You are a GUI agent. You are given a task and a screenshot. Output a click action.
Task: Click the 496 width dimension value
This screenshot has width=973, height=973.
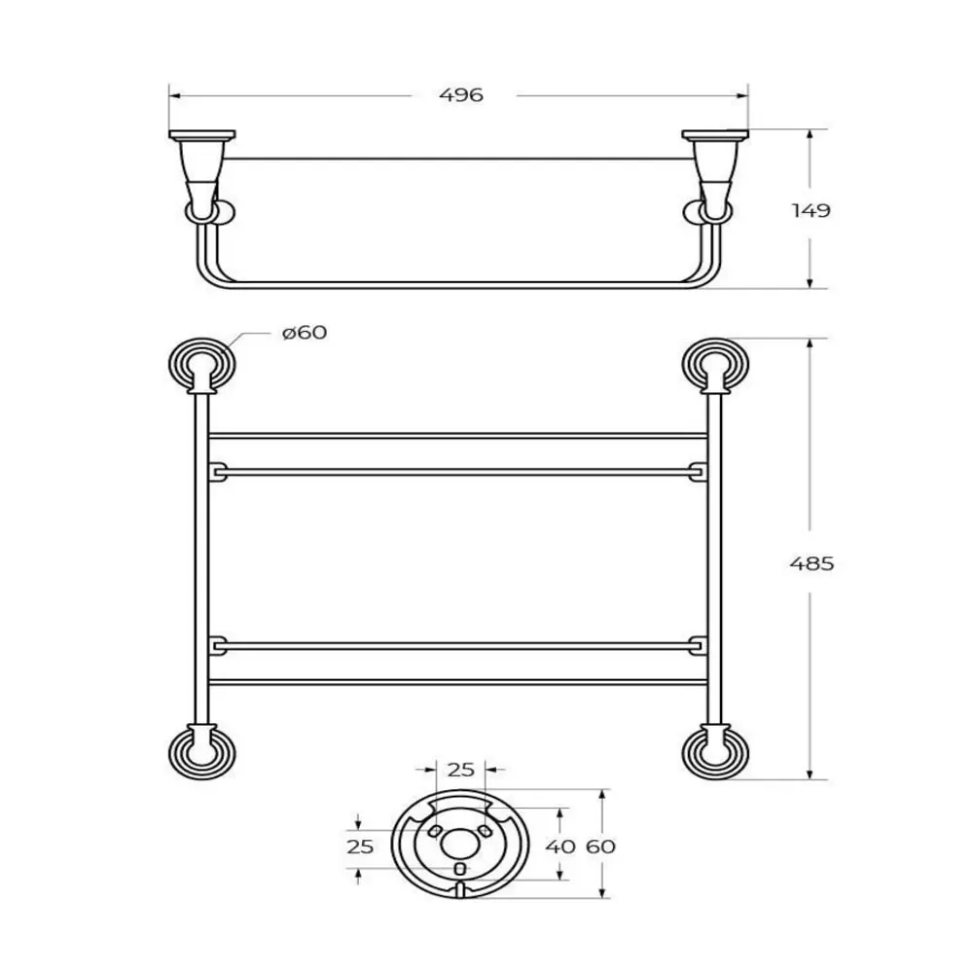point(460,95)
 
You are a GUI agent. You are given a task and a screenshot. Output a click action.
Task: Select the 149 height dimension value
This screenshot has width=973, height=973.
point(811,210)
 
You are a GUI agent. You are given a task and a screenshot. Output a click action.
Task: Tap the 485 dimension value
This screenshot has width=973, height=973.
point(811,563)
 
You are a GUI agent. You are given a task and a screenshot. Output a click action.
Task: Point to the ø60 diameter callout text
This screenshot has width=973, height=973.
point(304,333)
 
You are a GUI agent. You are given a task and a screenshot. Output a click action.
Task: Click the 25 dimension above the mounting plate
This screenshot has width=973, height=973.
point(460,770)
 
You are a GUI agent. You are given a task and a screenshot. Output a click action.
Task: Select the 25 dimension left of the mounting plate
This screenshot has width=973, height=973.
point(360,847)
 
